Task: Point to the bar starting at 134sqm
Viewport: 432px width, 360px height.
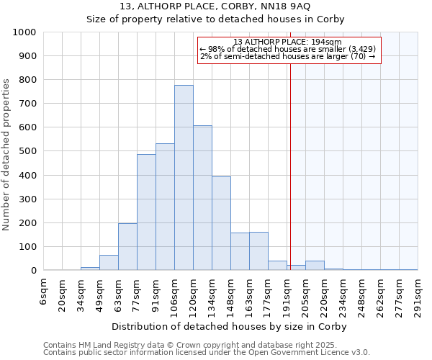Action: [221, 223]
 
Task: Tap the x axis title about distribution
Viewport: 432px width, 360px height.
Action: [228, 326]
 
